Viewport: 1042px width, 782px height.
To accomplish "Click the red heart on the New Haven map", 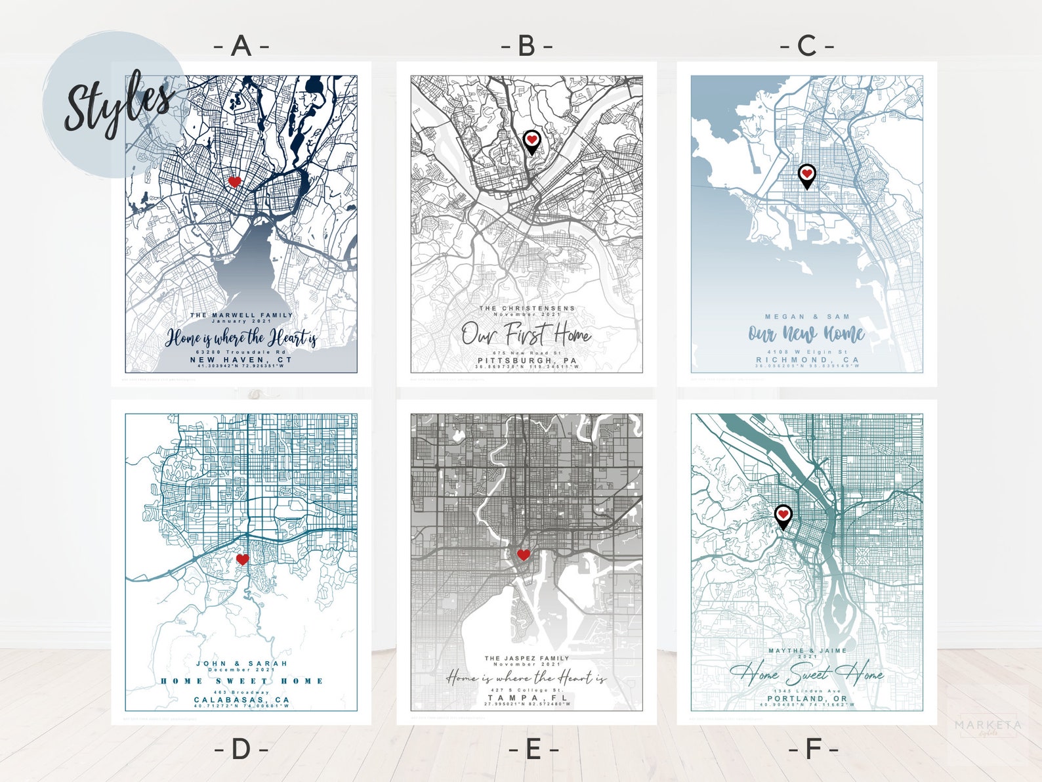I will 234,181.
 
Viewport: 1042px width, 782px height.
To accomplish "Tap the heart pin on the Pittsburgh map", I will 531,141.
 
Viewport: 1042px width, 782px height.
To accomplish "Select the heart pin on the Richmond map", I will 806,175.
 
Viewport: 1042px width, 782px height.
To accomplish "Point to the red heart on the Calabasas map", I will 242,559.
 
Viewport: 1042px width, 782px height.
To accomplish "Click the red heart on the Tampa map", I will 523,555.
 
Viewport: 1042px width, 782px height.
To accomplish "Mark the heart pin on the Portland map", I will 783,515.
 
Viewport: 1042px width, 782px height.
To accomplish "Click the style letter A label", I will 241,46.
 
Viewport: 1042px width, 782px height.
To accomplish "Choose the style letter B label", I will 527,46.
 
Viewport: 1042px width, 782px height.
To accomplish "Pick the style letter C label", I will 806,46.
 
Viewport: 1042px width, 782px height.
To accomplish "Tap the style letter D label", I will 241,749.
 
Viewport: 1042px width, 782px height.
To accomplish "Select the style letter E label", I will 533,749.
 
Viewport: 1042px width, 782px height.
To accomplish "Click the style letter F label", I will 813,749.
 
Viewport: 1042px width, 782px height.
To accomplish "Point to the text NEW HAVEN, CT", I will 241,360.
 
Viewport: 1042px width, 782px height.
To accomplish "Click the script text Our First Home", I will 526,334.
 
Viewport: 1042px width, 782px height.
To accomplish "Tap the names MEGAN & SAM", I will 806,316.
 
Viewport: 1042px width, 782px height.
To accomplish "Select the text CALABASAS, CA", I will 241,700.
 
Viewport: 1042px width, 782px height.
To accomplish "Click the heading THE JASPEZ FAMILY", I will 527,658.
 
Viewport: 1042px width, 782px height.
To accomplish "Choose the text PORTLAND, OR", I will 807,699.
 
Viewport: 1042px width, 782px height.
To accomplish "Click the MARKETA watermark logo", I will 988,726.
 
